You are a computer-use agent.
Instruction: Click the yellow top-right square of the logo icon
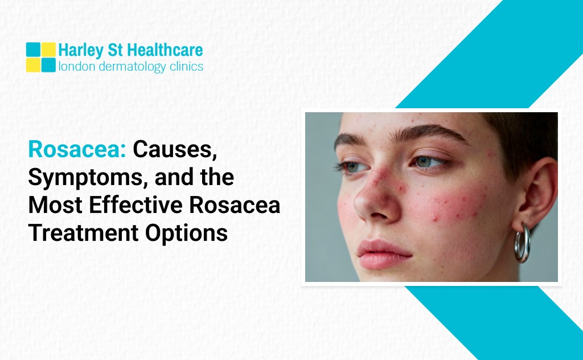tap(49, 50)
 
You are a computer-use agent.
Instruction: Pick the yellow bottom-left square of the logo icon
tap(34, 65)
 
